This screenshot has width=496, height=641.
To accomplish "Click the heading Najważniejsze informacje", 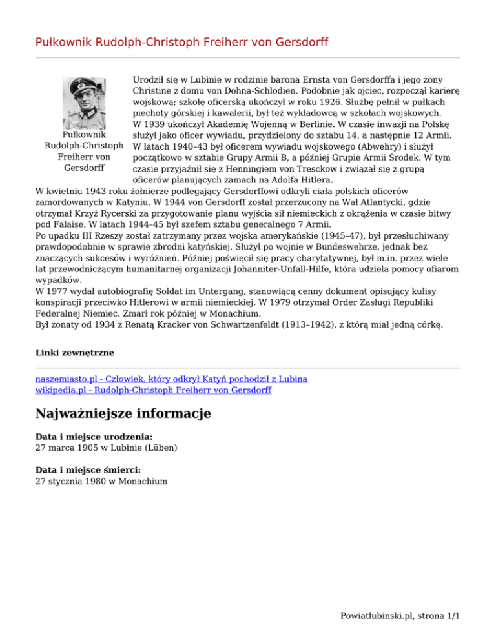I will pos(123,413).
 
